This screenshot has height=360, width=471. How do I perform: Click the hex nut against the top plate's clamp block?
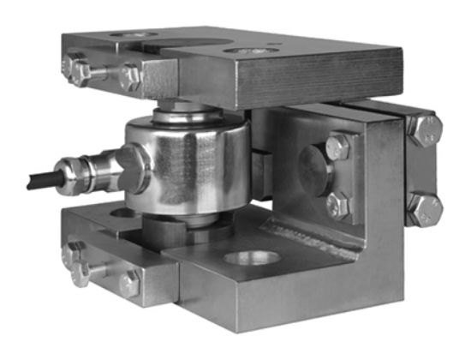(130, 78)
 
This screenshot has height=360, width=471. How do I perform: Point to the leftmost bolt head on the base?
(77, 270)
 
